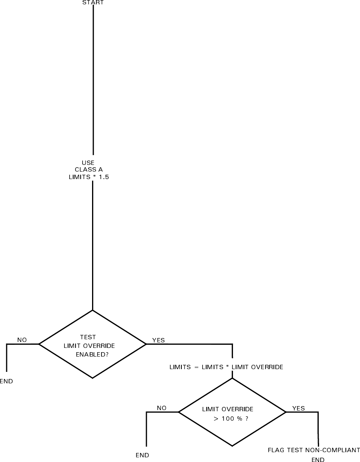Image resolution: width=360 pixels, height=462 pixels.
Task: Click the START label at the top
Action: (x=93, y=2)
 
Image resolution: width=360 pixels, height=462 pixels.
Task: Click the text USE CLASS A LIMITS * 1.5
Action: (x=89, y=170)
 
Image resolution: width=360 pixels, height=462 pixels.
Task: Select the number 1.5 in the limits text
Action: (x=104, y=177)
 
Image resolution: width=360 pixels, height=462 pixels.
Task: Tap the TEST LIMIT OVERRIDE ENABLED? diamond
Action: (x=92, y=344)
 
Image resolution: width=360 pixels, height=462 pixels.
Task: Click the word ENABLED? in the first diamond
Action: (x=92, y=354)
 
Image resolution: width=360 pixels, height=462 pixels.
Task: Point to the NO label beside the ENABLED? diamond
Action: (x=22, y=340)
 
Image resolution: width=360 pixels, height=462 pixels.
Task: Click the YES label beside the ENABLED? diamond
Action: (x=158, y=340)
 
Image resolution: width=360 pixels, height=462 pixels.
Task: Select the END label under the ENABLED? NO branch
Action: (x=6, y=381)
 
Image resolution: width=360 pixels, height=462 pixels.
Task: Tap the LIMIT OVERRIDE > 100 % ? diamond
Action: (x=232, y=412)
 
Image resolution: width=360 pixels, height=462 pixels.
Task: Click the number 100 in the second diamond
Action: (x=227, y=419)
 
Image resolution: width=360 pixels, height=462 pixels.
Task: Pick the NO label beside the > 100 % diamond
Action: (x=162, y=408)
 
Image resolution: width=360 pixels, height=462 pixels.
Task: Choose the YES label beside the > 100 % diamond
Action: (x=298, y=408)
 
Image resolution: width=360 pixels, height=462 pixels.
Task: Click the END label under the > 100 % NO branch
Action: (x=142, y=455)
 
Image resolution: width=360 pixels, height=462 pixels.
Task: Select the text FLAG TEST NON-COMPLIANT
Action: (x=314, y=450)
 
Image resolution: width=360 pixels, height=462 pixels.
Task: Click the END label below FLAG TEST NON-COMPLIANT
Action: (x=318, y=459)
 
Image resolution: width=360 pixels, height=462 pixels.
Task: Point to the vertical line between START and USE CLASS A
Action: (x=93, y=79)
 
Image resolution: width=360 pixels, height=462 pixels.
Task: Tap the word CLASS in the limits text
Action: (x=83, y=170)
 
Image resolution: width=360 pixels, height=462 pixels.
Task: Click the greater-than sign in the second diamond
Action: (x=216, y=419)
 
